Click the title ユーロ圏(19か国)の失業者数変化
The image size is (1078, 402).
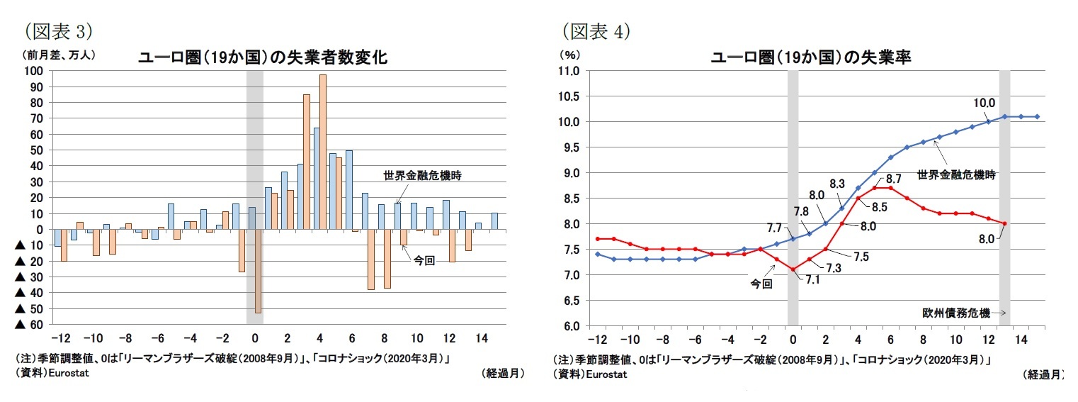[262, 58]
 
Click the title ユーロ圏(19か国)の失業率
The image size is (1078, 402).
[810, 58]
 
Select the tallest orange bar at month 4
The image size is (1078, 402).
[323, 152]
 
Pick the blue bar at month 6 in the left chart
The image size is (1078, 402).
[349, 190]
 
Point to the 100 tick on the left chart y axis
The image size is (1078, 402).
[33, 71]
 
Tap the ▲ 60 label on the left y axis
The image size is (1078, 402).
[30, 325]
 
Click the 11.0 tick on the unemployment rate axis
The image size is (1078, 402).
[569, 71]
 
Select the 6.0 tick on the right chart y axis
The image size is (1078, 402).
[571, 326]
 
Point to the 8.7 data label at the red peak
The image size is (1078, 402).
[893, 179]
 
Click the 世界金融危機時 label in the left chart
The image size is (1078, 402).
[422, 176]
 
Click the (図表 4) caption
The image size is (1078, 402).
[596, 31]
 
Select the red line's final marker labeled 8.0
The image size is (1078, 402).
[1004, 223]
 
